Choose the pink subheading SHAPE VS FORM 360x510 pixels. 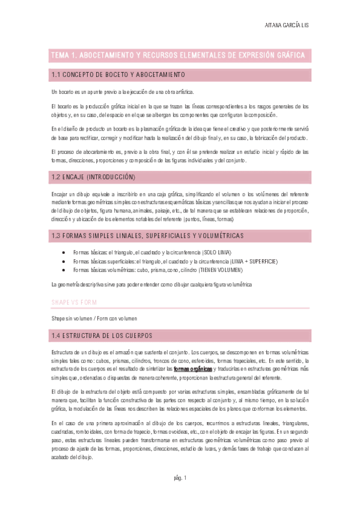[73, 301]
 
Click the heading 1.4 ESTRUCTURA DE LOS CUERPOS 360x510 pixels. [102, 334]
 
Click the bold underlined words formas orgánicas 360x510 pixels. [193, 367]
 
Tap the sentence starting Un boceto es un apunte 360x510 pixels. [123, 91]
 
